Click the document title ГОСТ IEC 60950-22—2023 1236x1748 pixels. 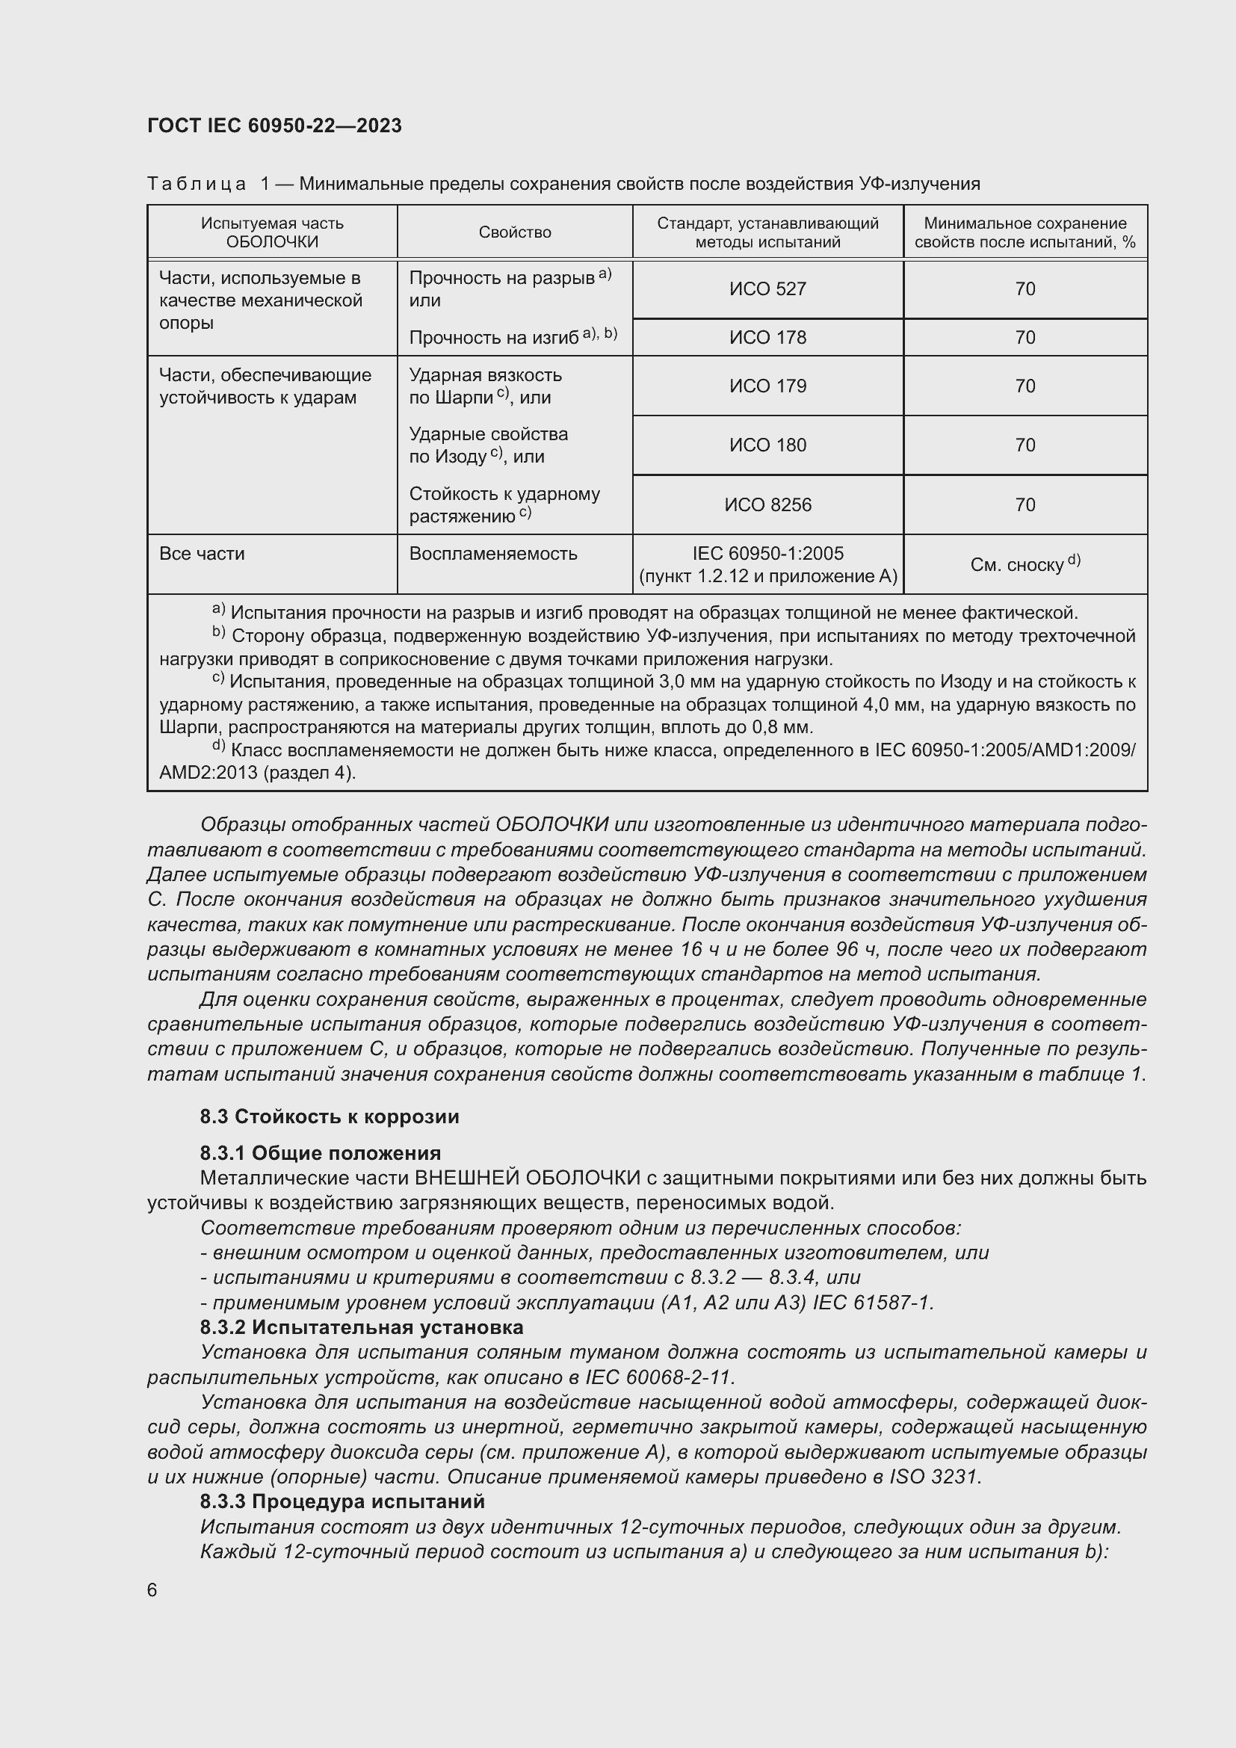(275, 126)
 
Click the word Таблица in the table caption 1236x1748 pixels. (197, 184)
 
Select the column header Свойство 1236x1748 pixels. (514, 232)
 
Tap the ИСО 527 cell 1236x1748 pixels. (767, 289)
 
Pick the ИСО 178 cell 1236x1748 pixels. (767, 337)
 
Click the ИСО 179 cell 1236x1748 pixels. (767, 386)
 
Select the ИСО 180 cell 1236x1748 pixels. (767, 445)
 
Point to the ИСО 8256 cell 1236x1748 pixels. (767, 504)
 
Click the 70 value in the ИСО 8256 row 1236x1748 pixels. (1025, 504)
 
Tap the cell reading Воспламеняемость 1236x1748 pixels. (493, 554)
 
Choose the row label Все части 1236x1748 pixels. (202, 554)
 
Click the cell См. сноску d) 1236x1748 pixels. (1025, 564)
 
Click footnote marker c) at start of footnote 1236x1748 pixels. (218, 679)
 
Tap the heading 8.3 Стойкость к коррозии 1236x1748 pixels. (330, 1117)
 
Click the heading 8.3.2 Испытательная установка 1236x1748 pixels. (362, 1328)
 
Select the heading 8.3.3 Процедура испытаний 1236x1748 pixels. (342, 1502)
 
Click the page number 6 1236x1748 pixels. (152, 1590)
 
